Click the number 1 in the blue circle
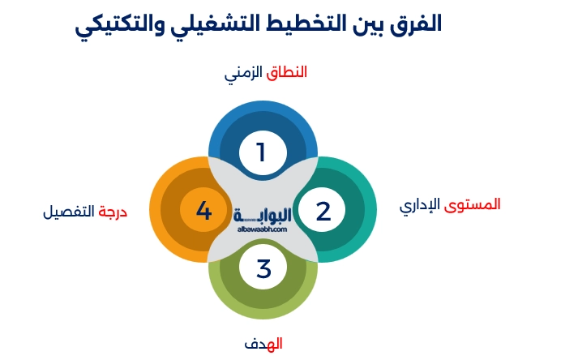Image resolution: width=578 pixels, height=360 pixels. click(x=261, y=152)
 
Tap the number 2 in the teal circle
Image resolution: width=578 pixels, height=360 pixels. click(x=323, y=211)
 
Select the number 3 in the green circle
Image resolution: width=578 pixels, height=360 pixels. click(x=263, y=268)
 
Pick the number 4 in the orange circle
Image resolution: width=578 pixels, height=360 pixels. click(x=203, y=211)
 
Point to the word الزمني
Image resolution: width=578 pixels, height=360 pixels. click(x=244, y=73)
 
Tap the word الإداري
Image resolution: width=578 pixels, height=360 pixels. click(x=419, y=204)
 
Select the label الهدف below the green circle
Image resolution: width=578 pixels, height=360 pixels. click(x=263, y=344)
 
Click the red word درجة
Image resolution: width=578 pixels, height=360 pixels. click(x=113, y=212)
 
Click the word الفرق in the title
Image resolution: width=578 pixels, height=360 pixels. click(x=416, y=22)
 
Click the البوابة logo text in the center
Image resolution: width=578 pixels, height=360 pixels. click(x=262, y=216)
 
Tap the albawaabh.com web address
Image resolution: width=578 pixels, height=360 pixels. click(x=262, y=229)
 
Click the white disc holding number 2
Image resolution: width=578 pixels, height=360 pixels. click(x=323, y=211)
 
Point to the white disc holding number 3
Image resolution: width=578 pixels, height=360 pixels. click(x=263, y=268)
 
